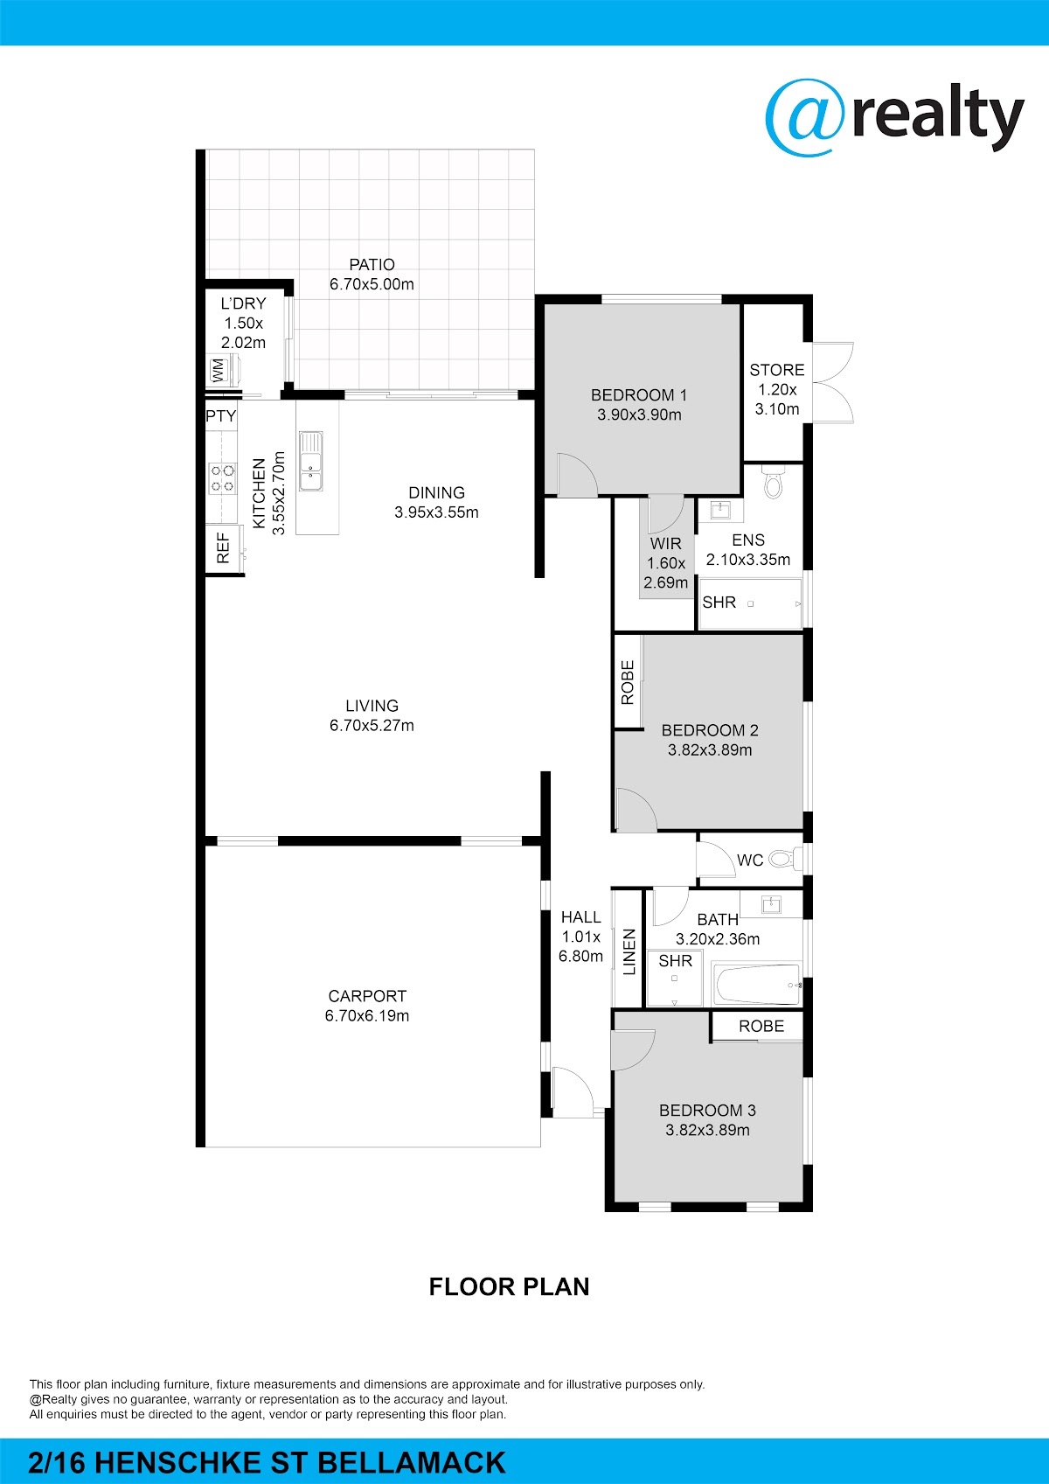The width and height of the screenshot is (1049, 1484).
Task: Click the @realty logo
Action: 894,118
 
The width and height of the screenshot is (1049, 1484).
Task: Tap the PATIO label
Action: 372,264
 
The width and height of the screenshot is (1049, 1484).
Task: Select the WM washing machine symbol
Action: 218,370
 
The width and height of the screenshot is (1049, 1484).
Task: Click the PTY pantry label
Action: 220,416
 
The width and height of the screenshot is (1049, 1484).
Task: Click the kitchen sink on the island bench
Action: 310,461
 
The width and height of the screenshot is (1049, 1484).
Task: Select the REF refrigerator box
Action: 223,548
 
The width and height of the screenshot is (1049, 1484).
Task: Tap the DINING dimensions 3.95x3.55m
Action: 436,512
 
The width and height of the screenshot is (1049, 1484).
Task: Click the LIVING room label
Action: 372,706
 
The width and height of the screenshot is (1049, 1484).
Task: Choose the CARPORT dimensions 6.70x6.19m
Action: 367,1015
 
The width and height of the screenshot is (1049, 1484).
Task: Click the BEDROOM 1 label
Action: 639,395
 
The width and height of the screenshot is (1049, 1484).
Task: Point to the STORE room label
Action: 777,370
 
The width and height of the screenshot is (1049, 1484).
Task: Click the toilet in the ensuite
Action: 773,482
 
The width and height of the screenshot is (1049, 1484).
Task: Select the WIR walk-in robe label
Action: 665,544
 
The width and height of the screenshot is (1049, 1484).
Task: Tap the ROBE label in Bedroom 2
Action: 627,682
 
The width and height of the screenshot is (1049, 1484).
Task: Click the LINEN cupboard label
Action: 629,952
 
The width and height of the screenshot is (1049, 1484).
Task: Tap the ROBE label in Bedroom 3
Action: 761,1027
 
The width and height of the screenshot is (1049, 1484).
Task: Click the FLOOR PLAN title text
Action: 509,1286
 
